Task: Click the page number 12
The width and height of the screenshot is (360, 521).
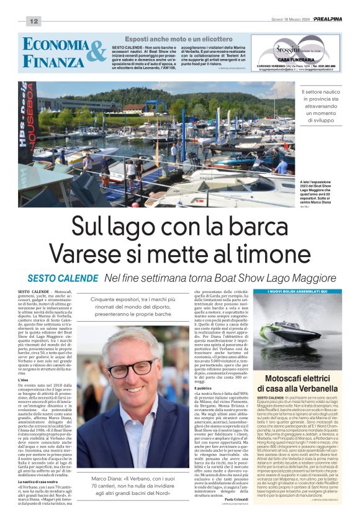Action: click(x=34, y=22)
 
